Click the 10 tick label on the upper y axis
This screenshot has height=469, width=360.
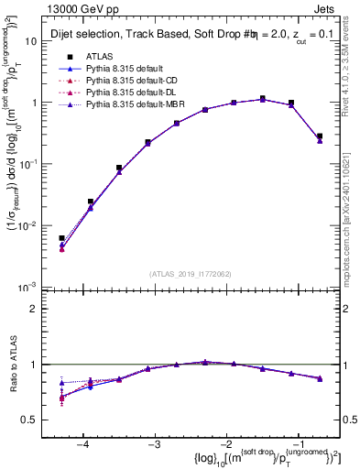[38, 41]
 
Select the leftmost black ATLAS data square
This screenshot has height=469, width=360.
[61, 238]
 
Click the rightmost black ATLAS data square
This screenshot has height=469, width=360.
[320, 136]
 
